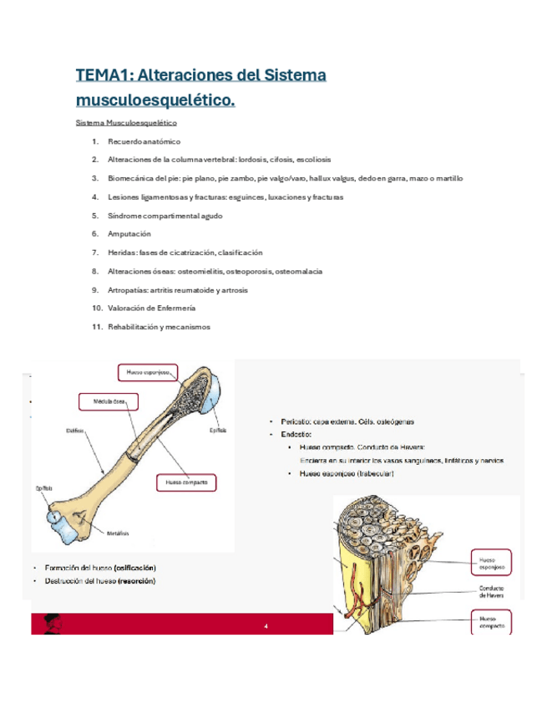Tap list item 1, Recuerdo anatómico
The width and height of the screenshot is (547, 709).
tap(144, 141)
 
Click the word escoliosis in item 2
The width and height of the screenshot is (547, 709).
tap(311, 160)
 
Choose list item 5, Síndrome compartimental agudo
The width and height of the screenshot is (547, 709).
tap(165, 216)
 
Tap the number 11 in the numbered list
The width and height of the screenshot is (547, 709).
tap(96, 326)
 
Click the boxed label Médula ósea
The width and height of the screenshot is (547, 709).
tap(107, 402)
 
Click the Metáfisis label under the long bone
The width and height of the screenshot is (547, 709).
tap(118, 533)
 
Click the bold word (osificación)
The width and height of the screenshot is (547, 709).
tap(134, 568)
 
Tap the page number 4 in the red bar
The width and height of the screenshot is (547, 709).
tap(266, 625)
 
